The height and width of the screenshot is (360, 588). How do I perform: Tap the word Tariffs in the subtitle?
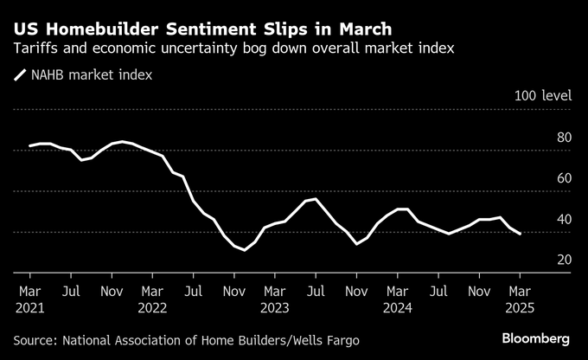[37, 49]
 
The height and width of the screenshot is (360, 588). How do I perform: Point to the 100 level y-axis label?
[542, 96]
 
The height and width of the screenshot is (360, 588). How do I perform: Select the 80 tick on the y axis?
[563, 137]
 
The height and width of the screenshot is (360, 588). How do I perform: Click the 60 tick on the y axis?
[563, 178]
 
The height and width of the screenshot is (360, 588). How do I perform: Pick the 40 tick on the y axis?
[563, 219]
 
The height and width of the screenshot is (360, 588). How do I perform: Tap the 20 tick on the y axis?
[563, 260]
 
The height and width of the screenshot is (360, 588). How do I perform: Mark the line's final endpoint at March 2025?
[520, 234]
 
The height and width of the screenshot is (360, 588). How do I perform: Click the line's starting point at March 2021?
[29, 145]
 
